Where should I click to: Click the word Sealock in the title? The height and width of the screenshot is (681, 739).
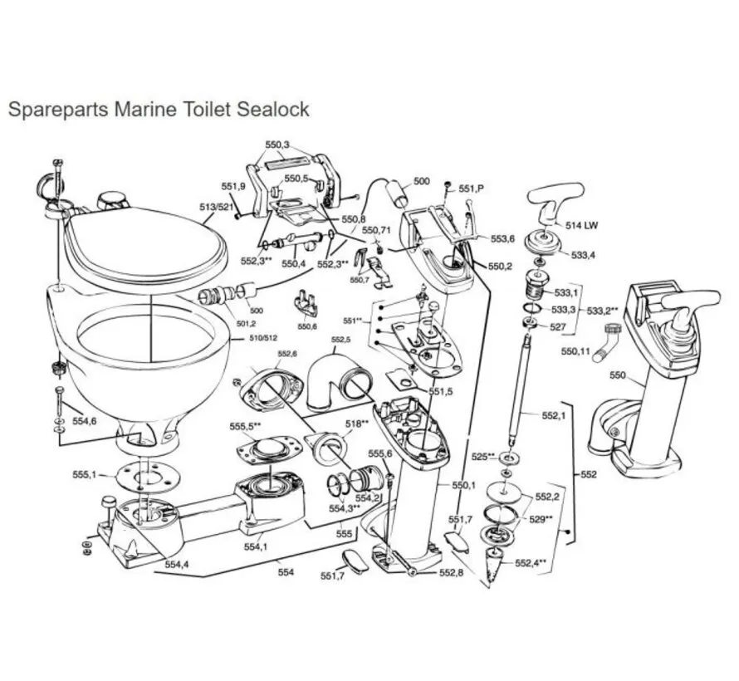click(270, 109)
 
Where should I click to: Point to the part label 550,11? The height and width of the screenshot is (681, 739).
click(576, 352)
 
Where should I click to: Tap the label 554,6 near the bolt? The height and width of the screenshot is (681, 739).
click(84, 422)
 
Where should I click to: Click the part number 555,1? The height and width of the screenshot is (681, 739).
click(85, 475)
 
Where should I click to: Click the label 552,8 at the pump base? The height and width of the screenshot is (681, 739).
click(451, 573)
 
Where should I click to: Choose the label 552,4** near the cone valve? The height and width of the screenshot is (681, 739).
click(531, 563)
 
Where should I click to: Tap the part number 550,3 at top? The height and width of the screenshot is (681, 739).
click(277, 145)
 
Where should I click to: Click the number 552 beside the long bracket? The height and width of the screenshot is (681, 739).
click(588, 476)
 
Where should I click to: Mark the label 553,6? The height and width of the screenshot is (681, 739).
click(502, 238)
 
